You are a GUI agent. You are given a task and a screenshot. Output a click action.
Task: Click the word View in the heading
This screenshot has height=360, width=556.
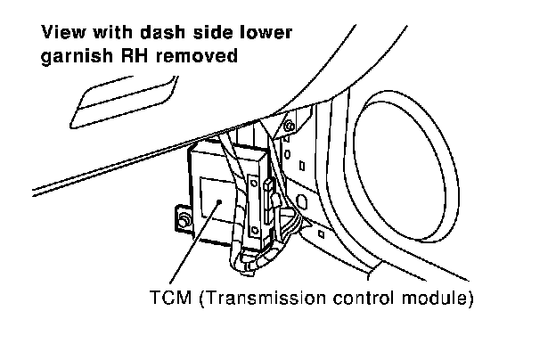click(60, 36)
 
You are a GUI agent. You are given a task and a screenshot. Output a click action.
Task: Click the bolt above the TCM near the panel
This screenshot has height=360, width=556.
click(288, 127)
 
